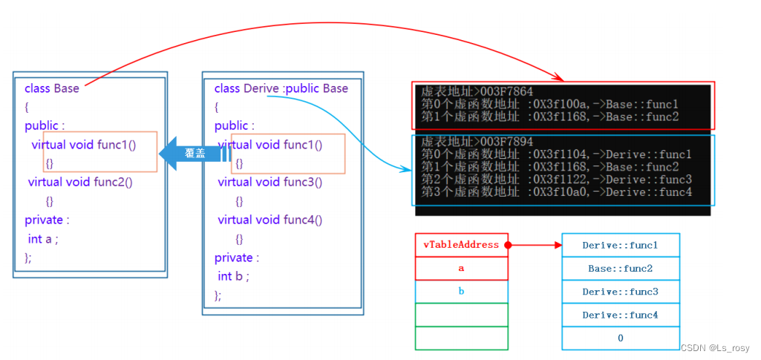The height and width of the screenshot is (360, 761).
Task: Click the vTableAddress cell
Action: coord(460,245)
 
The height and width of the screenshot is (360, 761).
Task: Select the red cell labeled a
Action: coord(461,268)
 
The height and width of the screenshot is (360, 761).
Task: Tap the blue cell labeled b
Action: coord(461,292)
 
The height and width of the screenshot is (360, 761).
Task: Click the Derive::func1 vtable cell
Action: coord(620,245)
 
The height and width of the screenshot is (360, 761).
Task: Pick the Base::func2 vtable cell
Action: coord(620,268)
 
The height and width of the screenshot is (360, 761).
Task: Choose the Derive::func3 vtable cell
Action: coord(620,292)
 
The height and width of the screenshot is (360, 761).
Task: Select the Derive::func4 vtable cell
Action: coord(620,315)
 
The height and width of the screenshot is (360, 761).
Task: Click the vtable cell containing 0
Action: coord(620,338)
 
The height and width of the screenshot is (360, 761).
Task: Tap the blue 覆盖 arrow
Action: coord(195,154)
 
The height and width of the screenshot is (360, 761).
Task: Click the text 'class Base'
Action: coord(51,88)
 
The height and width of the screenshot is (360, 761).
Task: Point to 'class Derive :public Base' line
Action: coord(281,88)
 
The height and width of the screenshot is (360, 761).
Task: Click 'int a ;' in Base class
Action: coord(42,239)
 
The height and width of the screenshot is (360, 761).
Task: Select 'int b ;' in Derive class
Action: coord(233,276)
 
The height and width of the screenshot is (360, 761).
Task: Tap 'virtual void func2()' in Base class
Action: coord(80,182)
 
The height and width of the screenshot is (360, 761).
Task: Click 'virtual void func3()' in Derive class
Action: coord(270,182)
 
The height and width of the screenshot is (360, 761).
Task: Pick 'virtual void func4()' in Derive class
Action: coord(270,220)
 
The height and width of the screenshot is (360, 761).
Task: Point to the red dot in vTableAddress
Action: coord(508,244)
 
